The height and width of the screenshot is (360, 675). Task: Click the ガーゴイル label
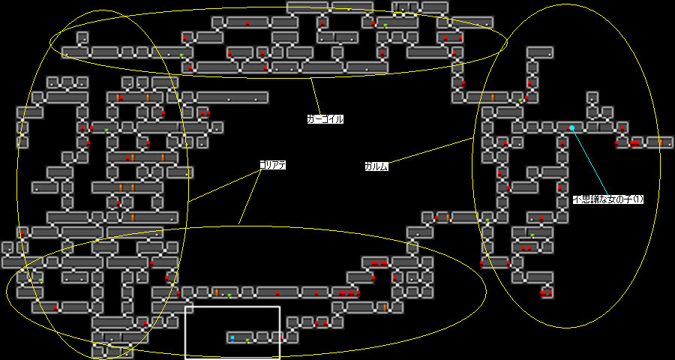click(325, 118)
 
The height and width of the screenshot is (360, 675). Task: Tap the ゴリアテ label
click(273, 164)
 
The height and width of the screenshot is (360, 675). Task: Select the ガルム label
click(376, 166)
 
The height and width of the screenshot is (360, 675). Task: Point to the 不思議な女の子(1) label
click(607, 199)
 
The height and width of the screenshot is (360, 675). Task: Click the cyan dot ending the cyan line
click(571, 128)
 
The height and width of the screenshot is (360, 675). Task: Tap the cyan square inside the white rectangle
click(232, 338)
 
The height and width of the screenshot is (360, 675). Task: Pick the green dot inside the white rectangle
click(247, 341)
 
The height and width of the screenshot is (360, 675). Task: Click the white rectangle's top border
click(232, 306)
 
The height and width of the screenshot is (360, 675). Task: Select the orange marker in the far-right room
click(660, 142)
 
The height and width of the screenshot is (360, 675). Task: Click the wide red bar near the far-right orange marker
click(634, 142)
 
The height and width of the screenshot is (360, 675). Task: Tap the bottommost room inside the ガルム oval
click(546, 292)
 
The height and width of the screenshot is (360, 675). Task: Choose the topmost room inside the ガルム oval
click(540, 52)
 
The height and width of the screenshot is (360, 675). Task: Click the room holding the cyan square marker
click(238, 338)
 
